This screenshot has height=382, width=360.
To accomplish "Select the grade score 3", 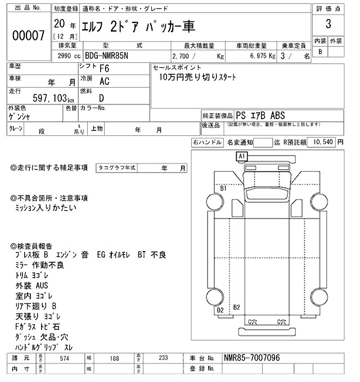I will [328, 25].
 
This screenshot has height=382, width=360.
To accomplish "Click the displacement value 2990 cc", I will [67, 56].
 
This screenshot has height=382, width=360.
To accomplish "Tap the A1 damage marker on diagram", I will [242, 156].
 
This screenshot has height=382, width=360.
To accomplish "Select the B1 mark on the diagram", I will [223, 189].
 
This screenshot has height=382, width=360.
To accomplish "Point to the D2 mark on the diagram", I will [220, 310].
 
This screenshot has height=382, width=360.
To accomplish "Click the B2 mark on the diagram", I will [237, 307].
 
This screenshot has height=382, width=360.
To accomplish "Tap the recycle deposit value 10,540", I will [322, 142].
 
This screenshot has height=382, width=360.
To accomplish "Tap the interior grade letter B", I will [321, 52].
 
